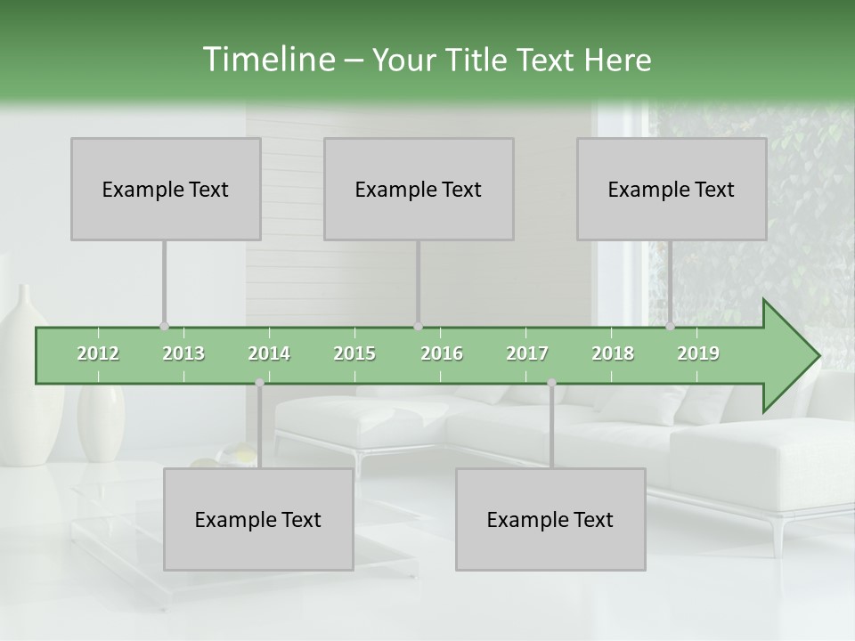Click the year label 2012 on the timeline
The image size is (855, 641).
pyautogui.click(x=98, y=353)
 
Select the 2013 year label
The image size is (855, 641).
pyautogui.click(x=183, y=353)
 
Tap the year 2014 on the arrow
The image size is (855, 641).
pyautogui.click(x=269, y=353)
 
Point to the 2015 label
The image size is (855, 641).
pyautogui.click(x=354, y=353)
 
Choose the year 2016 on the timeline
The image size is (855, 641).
pyautogui.click(x=442, y=353)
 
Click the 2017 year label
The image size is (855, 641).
pyautogui.click(x=527, y=353)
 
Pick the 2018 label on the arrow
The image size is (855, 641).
pyautogui.click(x=613, y=353)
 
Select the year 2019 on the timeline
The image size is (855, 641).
pyautogui.click(x=698, y=353)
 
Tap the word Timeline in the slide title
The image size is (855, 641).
pyautogui.click(x=267, y=60)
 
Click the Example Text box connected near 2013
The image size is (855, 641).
pyautogui.click(x=166, y=189)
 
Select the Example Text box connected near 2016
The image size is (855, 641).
pyautogui.click(x=419, y=189)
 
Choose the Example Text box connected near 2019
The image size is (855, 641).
pyautogui.click(x=672, y=189)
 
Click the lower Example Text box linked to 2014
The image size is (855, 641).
pyautogui.click(x=258, y=519)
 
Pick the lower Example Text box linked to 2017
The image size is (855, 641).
pyautogui.click(x=550, y=519)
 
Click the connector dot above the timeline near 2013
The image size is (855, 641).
pyautogui.click(x=164, y=326)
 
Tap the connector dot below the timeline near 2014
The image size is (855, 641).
pyautogui.click(x=259, y=383)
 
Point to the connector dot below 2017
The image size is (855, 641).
pyautogui.click(x=551, y=383)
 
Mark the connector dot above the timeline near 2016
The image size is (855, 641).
pyautogui.click(x=418, y=326)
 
